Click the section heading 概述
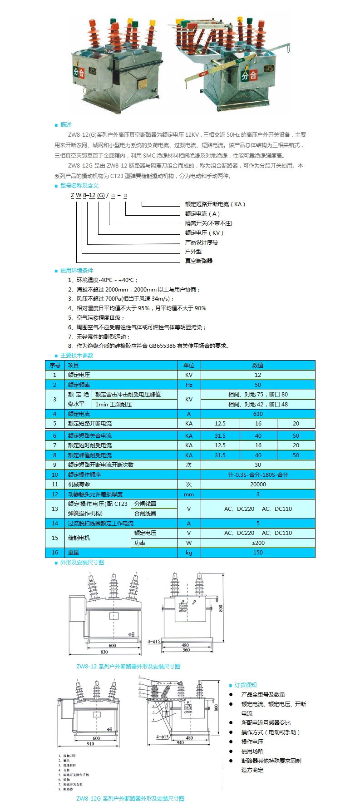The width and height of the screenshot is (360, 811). [x=66, y=125]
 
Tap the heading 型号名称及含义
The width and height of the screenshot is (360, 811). [x=79, y=186]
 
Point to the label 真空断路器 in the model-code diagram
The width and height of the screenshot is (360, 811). [x=199, y=261]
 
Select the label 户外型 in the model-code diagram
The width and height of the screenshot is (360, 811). [x=193, y=252]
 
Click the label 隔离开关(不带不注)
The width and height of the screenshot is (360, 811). [x=209, y=223]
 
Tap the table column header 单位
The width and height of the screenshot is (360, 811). [x=189, y=366]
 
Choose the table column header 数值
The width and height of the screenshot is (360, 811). [x=258, y=366]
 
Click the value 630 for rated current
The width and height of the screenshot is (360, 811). [x=258, y=414]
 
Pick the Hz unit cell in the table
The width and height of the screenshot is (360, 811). [x=189, y=385]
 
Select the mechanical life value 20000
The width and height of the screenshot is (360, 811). [x=258, y=485]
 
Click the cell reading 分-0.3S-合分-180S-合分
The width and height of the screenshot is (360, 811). [x=258, y=475]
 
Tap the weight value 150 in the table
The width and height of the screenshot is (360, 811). [x=258, y=553]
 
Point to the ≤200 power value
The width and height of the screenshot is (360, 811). [x=258, y=543]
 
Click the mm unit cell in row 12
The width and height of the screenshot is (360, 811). [x=189, y=495]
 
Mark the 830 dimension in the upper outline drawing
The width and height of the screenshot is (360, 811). [x=104, y=652]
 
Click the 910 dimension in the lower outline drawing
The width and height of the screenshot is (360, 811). [x=91, y=744]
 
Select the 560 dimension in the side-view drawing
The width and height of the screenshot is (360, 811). [x=186, y=650]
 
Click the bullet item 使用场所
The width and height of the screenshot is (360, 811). [x=252, y=752]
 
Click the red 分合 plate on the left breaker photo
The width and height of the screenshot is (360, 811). [x=79, y=72]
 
